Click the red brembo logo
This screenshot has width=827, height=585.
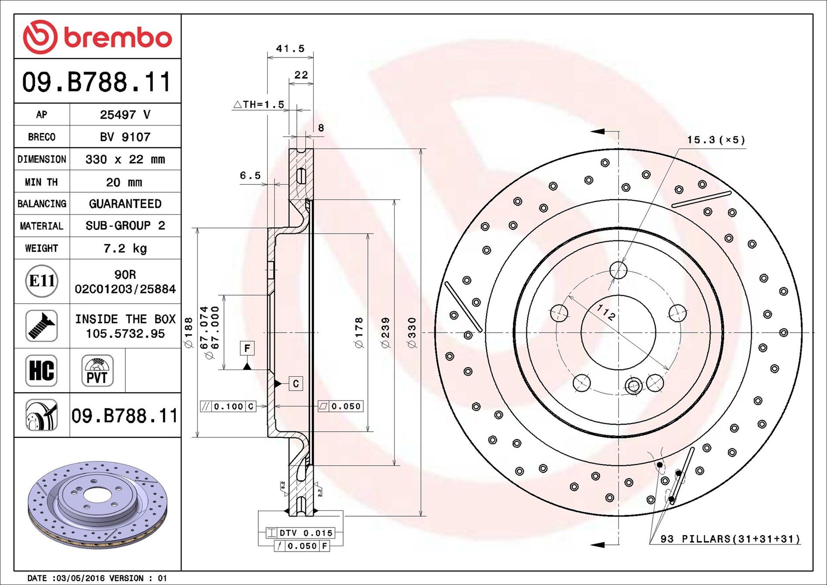(x=97, y=37)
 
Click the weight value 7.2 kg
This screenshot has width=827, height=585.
(x=125, y=249)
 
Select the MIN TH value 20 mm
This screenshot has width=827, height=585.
(x=124, y=182)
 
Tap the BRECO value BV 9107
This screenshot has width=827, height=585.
(x=125, y=137)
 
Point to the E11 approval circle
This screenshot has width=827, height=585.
(x=42, y=281)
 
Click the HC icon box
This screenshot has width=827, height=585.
(x=42, y=370)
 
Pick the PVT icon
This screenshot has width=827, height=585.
(x=97, y=370)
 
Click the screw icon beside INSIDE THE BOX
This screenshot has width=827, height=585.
(x=42, y=326)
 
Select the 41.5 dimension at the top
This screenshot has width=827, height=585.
(x=290, y=48)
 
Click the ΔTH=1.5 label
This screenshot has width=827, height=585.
(x=259, y=104)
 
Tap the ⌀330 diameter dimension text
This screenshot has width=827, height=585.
(x=412, y=332)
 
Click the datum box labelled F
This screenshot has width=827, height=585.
(x=247, y=348)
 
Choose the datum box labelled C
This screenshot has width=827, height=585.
(x=296, y=384)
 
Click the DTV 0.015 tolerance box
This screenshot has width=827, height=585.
(x=301, y=533)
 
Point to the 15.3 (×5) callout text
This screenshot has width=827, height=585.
(x=716, y=140)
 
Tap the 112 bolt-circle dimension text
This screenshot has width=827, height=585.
(x=606, y=312)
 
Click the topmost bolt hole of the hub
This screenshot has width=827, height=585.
(x=618, y=270)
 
